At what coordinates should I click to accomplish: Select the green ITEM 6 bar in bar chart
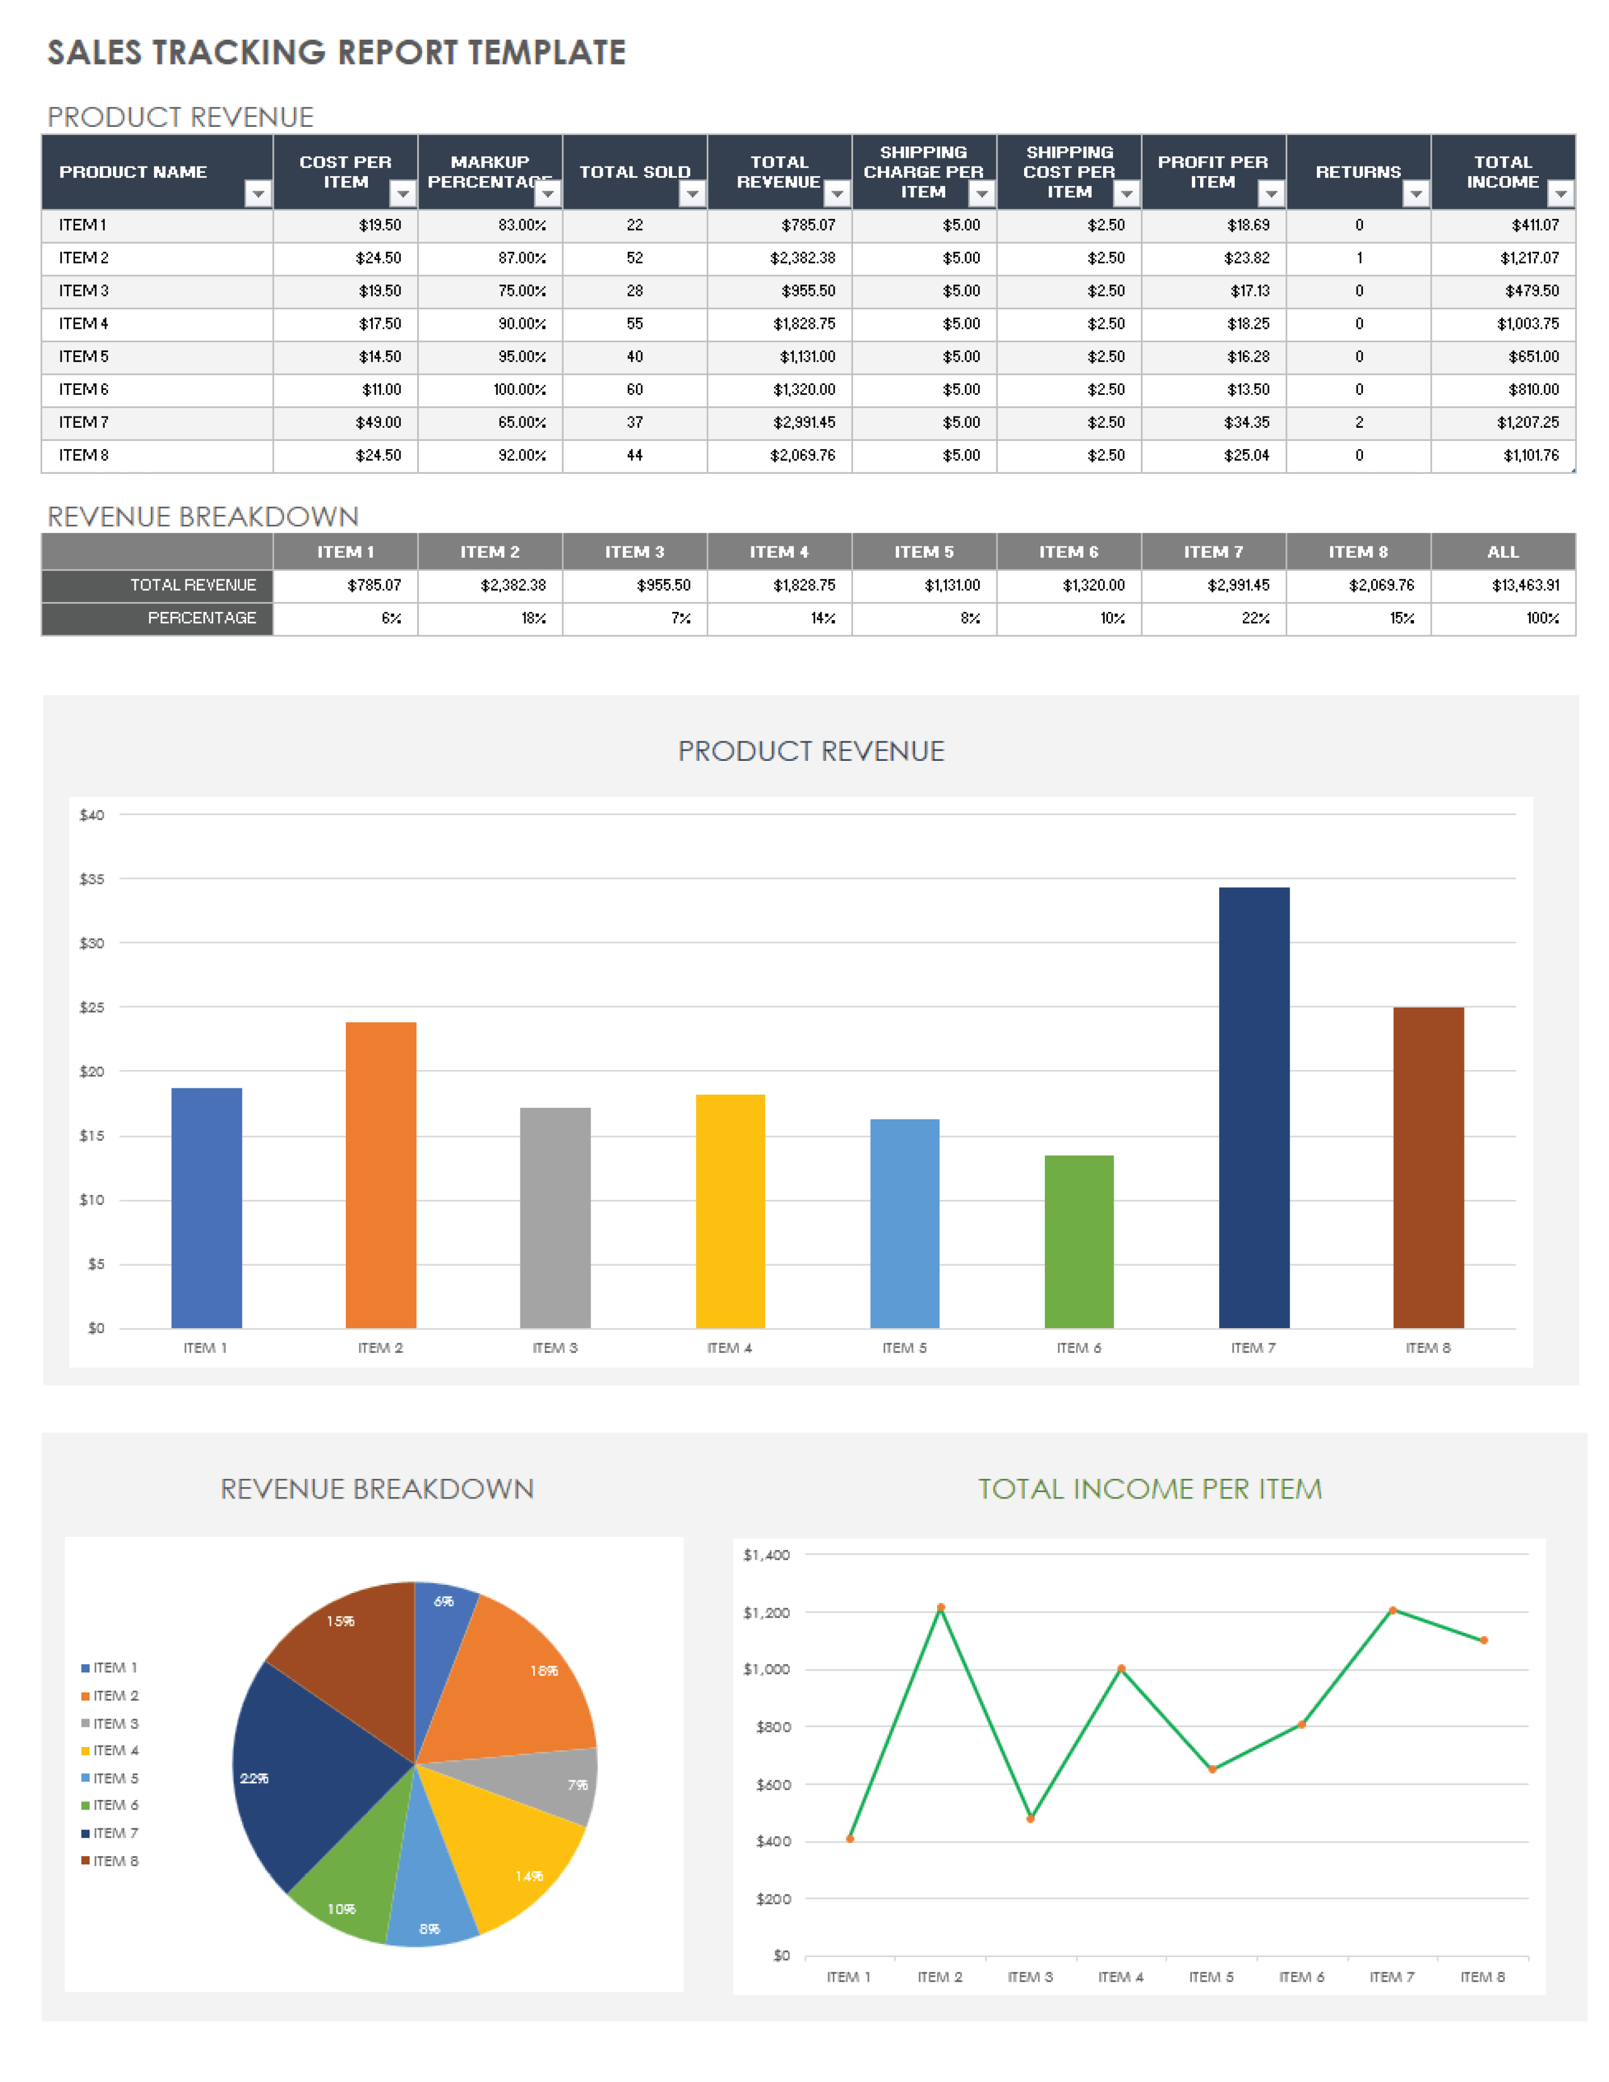coord(1078,1241)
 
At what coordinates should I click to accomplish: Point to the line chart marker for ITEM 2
coord(940,1608)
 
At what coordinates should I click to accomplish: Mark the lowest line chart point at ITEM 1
coord(849,1838)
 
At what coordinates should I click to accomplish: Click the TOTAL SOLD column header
coord(634,172)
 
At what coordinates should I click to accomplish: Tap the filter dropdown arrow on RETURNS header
coord(1415,194)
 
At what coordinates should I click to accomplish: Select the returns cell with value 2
coord(1359,422)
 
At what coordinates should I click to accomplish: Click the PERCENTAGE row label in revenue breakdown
coord(201,618)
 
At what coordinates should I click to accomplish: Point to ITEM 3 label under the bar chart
coord(554,1347)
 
